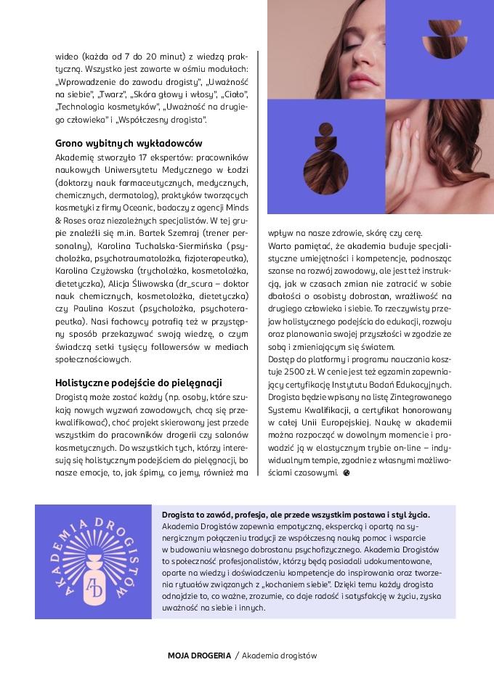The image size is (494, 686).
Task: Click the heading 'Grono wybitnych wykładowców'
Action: tap(129, 143)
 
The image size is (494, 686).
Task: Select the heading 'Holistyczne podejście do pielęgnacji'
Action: tap(139, 383)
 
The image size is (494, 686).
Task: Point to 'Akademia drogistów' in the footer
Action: tap(280, 655)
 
